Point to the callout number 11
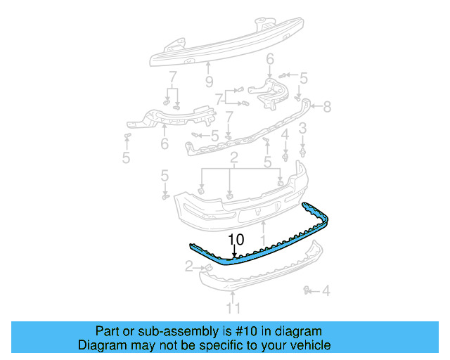[x=233, y=307]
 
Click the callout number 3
[x=302, y=128]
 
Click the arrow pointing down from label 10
[x=235, y=254]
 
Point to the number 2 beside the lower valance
[x=188, y=266]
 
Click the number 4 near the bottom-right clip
[x=326, y=289]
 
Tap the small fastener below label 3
[x=302, y=149]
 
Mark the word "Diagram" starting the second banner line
[x=100, y=345]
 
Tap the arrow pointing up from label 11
[x=233, y=293]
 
